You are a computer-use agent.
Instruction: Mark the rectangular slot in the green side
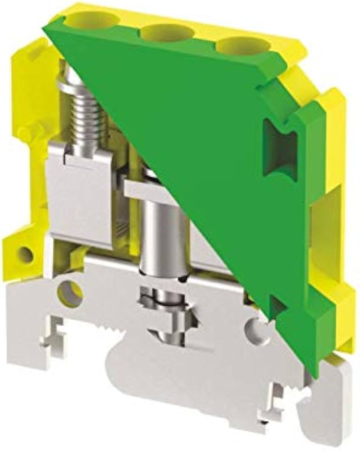coord(276,149)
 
